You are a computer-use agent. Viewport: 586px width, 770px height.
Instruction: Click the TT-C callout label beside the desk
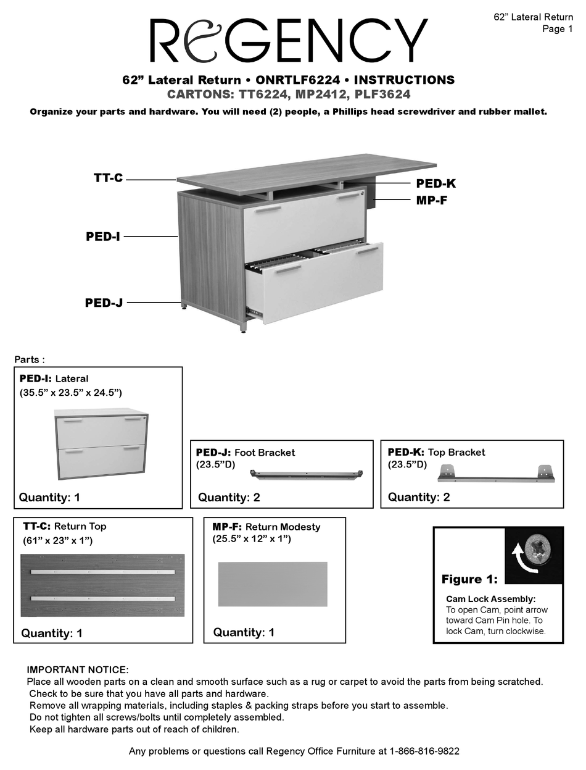108,178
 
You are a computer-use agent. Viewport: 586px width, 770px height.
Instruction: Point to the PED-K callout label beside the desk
435,183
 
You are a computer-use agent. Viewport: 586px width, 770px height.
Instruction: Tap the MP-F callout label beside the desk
431,200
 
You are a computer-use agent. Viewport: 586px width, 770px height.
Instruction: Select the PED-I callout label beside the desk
102,236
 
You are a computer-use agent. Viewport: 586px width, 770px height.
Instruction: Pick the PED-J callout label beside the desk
104,303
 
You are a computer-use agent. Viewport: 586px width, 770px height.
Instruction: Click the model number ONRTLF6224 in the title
298,80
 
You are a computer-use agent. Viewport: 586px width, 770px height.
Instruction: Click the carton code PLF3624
382,94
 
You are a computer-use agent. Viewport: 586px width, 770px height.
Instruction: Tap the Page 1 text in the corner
557,29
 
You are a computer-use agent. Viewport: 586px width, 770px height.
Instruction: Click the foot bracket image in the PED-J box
306,474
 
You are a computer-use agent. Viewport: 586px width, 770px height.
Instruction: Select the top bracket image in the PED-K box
496,474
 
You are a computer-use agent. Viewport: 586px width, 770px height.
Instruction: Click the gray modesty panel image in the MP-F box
273,584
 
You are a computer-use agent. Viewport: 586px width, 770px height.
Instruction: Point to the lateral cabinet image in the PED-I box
101,444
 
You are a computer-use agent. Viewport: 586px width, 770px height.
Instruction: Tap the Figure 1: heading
469,579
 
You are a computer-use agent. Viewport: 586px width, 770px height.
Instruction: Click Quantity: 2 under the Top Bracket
418,497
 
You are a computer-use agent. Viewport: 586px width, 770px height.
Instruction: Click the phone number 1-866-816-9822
424,751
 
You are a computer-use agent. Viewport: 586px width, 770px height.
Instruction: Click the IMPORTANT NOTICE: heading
78,670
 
